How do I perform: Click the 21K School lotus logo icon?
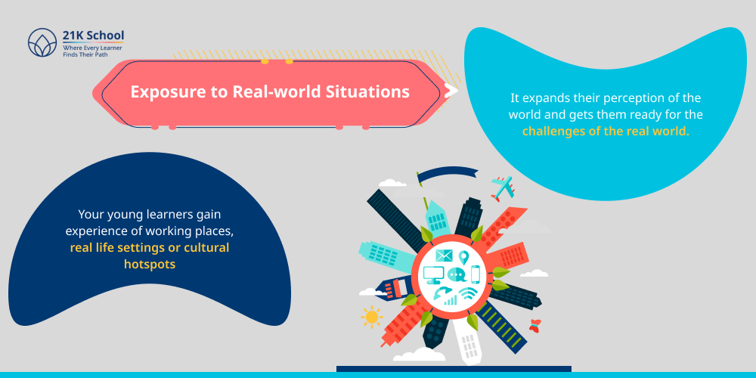42,42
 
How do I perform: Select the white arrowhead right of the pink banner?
451,91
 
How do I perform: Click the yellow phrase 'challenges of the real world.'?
606,131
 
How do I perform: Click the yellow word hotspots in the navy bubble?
150,264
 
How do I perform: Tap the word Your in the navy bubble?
92,214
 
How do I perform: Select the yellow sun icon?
371,317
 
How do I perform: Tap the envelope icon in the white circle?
444,256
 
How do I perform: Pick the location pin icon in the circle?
463,258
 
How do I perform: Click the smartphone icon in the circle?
476,274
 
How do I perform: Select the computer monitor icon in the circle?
434,274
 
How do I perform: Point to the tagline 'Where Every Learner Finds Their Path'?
93,51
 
